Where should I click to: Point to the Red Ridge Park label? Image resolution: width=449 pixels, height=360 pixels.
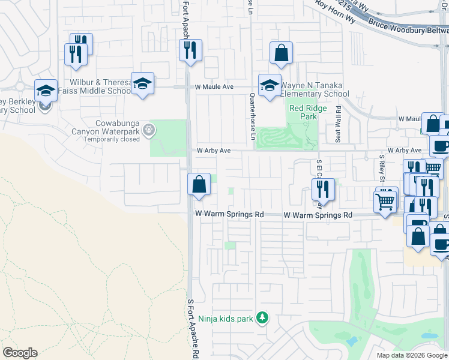coord(303,112)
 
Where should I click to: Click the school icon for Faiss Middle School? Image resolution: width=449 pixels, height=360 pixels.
coord(143,83)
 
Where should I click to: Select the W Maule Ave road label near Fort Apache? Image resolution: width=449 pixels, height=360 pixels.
coord(214,87)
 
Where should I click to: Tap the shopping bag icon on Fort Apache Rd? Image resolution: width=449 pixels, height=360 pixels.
coord(199,184)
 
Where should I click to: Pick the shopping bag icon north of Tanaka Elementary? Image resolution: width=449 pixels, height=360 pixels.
coord(281,53)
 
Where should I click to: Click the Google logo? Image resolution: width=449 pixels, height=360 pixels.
coord(20,353)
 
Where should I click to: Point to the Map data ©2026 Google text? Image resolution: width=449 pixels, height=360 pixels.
coord(411,355)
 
